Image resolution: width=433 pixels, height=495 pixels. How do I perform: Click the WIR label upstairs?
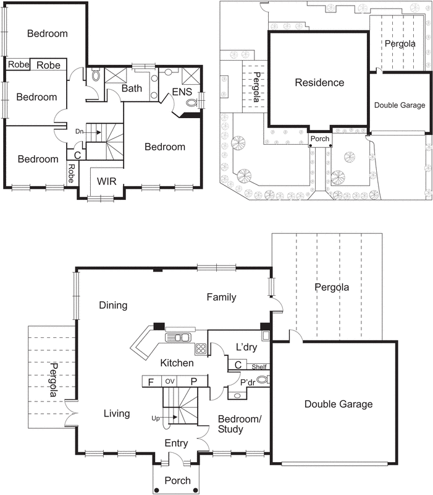[x=107, y=183]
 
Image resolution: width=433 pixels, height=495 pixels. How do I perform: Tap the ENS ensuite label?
[x=182, y=92]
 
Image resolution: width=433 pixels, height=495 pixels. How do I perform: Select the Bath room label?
[x=132, y=88]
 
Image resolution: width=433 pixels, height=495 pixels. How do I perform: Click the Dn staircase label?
[x=80, y=132]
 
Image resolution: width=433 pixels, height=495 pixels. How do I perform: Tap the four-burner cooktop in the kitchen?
[x=201, y=348]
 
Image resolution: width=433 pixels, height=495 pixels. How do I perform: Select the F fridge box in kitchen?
[x=151, y=382]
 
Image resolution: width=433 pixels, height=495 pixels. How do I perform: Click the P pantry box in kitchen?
[x=193, y=382]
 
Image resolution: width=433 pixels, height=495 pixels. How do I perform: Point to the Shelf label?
[x=259, y=367]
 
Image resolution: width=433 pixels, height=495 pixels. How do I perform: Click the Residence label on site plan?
[x=319, y=83]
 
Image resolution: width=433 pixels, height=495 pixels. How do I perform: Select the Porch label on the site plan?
[x=320, y=139]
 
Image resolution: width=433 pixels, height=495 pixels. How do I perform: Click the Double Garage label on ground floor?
[x=338, y=404]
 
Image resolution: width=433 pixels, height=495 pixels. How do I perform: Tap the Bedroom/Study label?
[x=240, y=424]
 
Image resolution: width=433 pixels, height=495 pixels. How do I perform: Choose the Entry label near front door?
[x=177, y=443]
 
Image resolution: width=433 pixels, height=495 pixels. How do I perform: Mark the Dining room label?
[x=112, y=305]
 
